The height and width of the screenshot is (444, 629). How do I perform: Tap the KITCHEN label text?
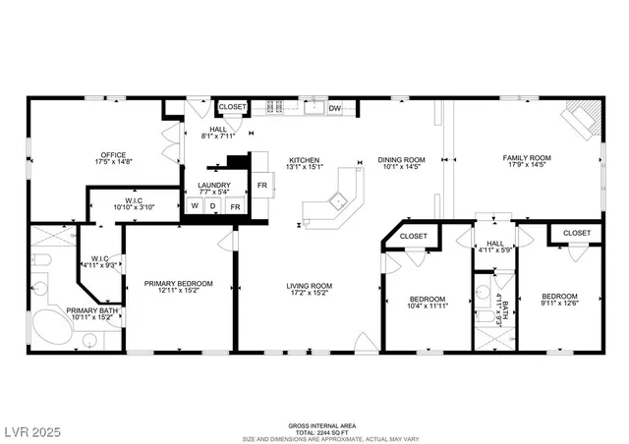point(304,160)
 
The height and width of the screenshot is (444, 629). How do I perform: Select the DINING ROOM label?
point(401,160)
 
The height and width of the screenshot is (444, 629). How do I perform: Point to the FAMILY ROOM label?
point(527,158)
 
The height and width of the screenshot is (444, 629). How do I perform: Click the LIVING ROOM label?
point(309,287)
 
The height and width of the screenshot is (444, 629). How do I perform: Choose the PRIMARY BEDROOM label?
point(178,284)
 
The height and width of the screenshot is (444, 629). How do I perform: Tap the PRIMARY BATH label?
point(92,311)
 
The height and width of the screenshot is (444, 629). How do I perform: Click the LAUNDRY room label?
point(213,185)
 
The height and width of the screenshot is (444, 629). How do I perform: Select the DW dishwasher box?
point(334,108)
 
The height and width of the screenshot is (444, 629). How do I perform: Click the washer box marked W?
point(195,207)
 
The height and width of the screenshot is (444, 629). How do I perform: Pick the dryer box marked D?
point(213,207)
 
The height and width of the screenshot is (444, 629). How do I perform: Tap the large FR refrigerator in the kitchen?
point(262,184)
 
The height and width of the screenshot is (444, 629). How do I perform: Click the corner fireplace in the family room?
point(580,119)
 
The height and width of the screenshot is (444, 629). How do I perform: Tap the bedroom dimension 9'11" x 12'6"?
point(560,305)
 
